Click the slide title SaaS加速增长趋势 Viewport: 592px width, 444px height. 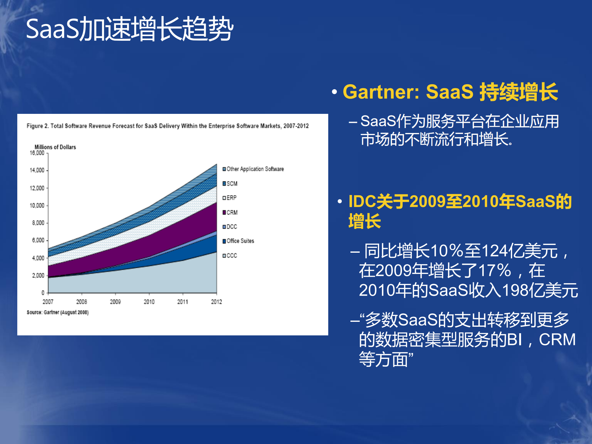coord(130,29)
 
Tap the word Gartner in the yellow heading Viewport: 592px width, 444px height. coord(381,92)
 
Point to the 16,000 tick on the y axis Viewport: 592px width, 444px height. coord(37,153)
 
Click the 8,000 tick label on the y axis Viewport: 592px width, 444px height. coord(39,223)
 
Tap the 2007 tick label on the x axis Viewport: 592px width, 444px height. coord(48,302)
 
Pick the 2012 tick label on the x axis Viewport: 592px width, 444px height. coord(216,302)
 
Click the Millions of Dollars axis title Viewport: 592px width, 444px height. coord(55,147)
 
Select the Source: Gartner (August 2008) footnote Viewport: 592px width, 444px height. coord(58,313)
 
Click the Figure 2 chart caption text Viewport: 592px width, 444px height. coord(168,126)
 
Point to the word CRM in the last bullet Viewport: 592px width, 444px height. coord(557,340)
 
